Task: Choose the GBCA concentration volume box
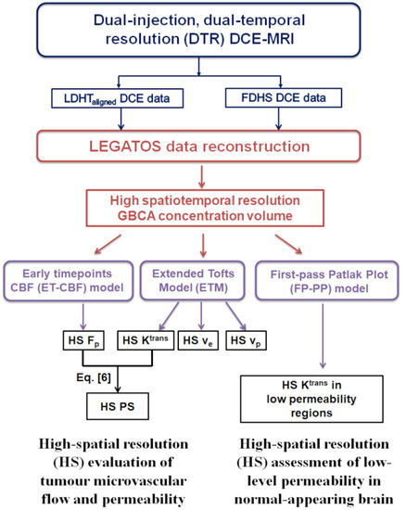point(202,207)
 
